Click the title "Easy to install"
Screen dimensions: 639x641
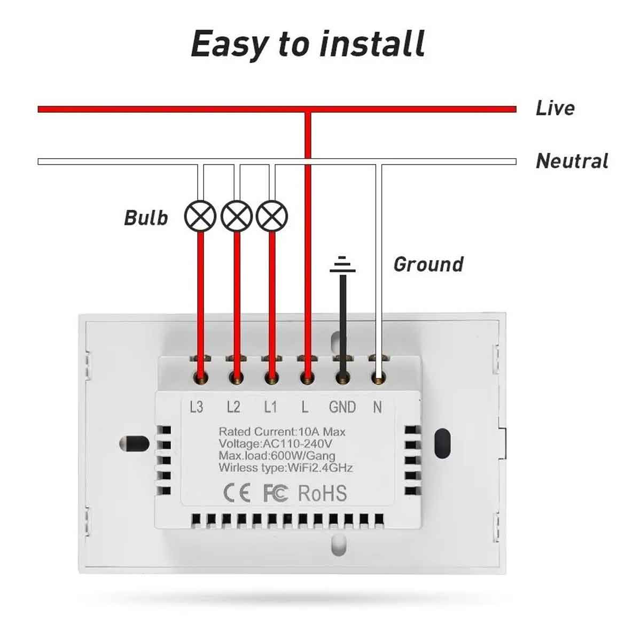coord(308,44)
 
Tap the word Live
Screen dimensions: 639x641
coord(555,108)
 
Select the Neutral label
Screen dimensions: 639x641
coord(572,161)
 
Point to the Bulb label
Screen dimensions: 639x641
coord(146,218)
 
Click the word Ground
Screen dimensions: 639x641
coord(428,264)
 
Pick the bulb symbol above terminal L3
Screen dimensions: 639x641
coord(200,216)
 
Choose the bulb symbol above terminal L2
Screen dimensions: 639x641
coord(237,216)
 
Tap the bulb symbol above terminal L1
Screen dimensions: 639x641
coord(272,216)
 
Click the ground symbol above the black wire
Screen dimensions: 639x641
coord(342,265)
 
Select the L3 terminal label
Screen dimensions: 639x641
coord(197,407)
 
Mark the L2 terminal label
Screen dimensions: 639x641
coord(233,407)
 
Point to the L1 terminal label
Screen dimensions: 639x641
coord(270,407)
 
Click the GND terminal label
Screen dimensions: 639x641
coord(342,407)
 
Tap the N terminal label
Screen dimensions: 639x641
coord(378,407)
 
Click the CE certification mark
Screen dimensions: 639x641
coord(237,493)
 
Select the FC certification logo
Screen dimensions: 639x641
coord(276,493)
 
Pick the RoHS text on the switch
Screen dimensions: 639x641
coord(322,493)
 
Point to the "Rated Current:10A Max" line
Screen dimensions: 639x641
coord(282,432)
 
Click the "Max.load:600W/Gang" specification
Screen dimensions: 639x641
coord(277,456)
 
